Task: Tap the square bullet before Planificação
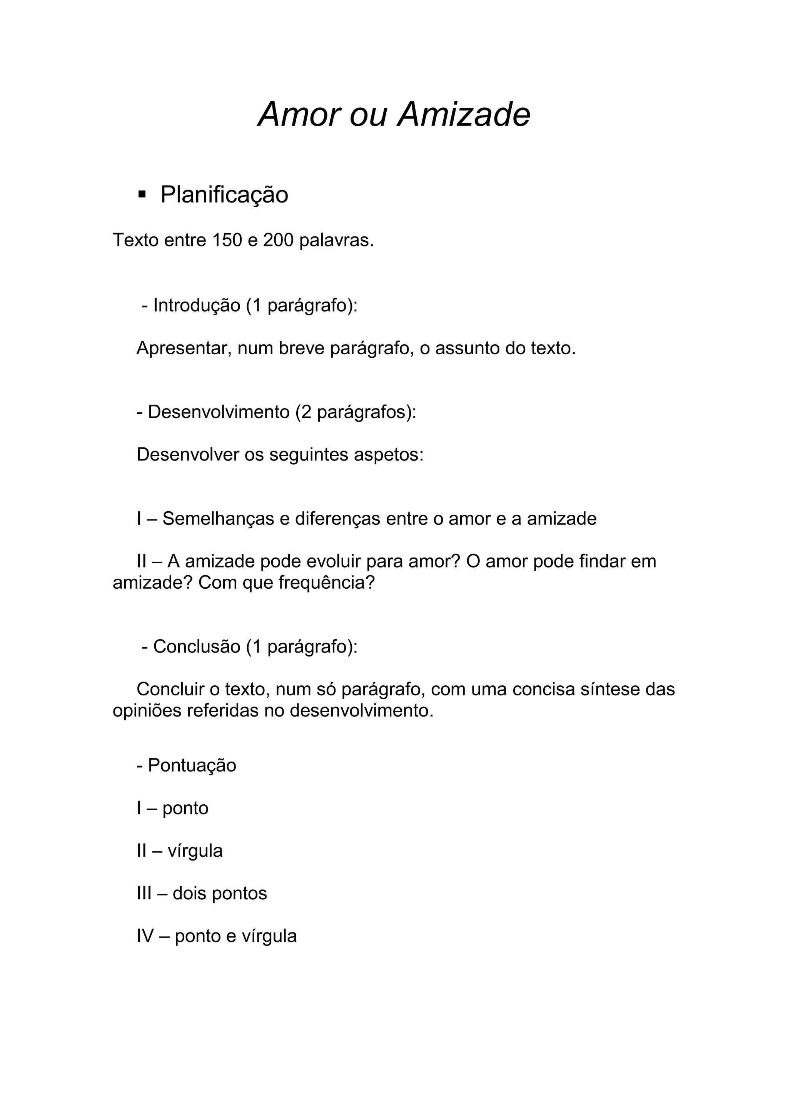click(x=142, y=195)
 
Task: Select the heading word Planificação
click(x=224, y=195)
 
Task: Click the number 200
click(x=278, y=240)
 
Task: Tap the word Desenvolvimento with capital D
click(x=218, y=412)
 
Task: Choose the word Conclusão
click(x=197, y=646)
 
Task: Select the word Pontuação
click(x=192, y=765)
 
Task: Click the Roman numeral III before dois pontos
click(x=144, y=893)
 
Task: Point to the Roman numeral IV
click(x=145, y=936)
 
